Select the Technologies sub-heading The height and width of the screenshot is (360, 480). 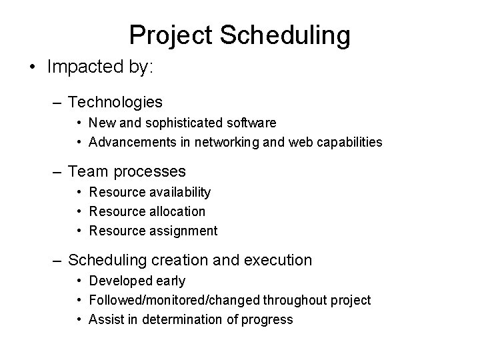click(115, 102)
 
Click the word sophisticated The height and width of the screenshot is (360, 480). click(175, 123)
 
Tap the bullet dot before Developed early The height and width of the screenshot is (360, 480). click(79, 281)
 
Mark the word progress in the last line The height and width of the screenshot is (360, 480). click(267, 319)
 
